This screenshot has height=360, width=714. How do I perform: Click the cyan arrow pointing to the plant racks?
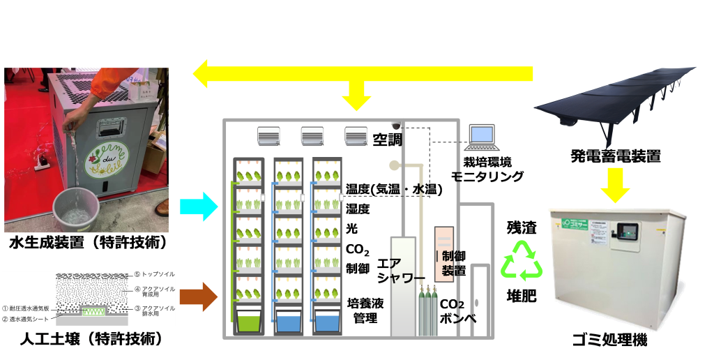click(199, 207)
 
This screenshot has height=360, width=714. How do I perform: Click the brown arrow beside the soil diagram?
click(199, 295)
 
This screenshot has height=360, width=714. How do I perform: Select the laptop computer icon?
click(482, 138)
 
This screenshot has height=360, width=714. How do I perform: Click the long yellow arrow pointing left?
click(363, 74)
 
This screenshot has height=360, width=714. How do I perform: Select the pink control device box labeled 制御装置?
click(445, 254)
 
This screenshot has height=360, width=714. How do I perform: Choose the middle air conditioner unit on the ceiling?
click(312, 136)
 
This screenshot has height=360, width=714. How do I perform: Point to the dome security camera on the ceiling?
click(397, 126)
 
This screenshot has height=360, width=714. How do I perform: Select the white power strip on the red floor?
click(43, 166)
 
